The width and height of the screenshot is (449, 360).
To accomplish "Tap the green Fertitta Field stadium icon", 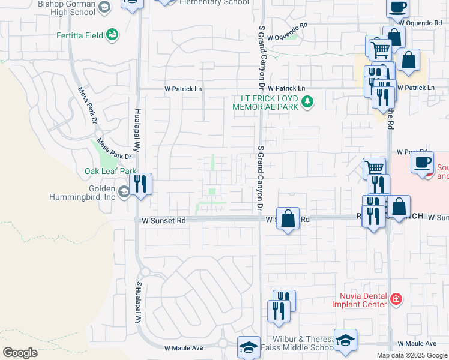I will [x=112, y=35].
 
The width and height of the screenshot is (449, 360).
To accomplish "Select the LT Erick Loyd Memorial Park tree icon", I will [x=308, y=101].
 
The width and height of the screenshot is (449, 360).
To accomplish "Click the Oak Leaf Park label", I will [x=110, y=171].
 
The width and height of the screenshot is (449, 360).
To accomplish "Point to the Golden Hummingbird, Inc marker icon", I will [x=124, y=192].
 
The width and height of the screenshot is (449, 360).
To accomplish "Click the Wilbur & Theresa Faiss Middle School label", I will [x=303, y=343].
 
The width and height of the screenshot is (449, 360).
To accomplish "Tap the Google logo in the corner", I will [x=20, y=353].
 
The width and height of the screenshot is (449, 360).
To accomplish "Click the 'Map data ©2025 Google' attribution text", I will [x=411, y=355].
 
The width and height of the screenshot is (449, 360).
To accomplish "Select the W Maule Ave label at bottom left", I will [x=184, y=348].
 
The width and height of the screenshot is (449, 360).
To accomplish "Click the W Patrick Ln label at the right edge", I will [x=415, y=88].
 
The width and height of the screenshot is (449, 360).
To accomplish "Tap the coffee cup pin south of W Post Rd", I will [x=424, y=162].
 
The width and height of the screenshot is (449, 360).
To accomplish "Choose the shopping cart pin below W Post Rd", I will [x=375, y=169].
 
